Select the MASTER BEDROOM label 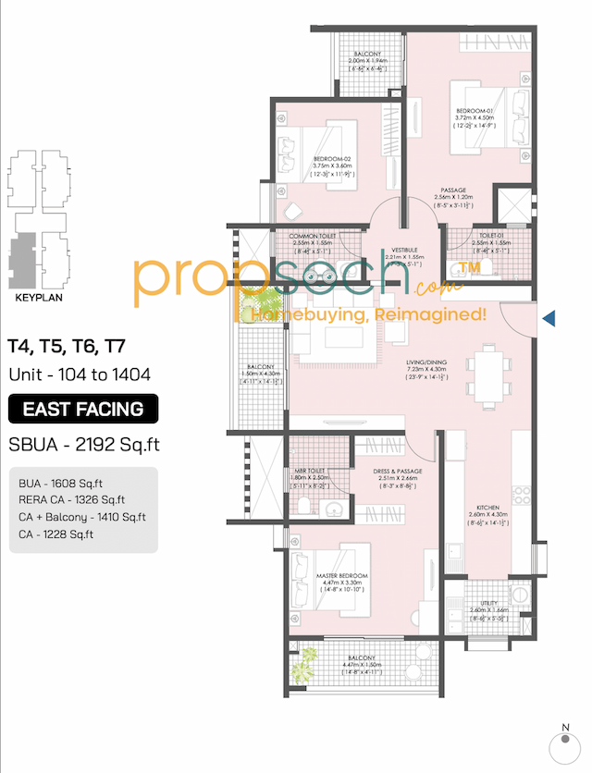click(343, 575)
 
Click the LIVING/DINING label click(427, 362)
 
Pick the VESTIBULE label click(403, 250)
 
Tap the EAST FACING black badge click(83, 409)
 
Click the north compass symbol click(563, 743)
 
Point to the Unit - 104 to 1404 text click(81, 374)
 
